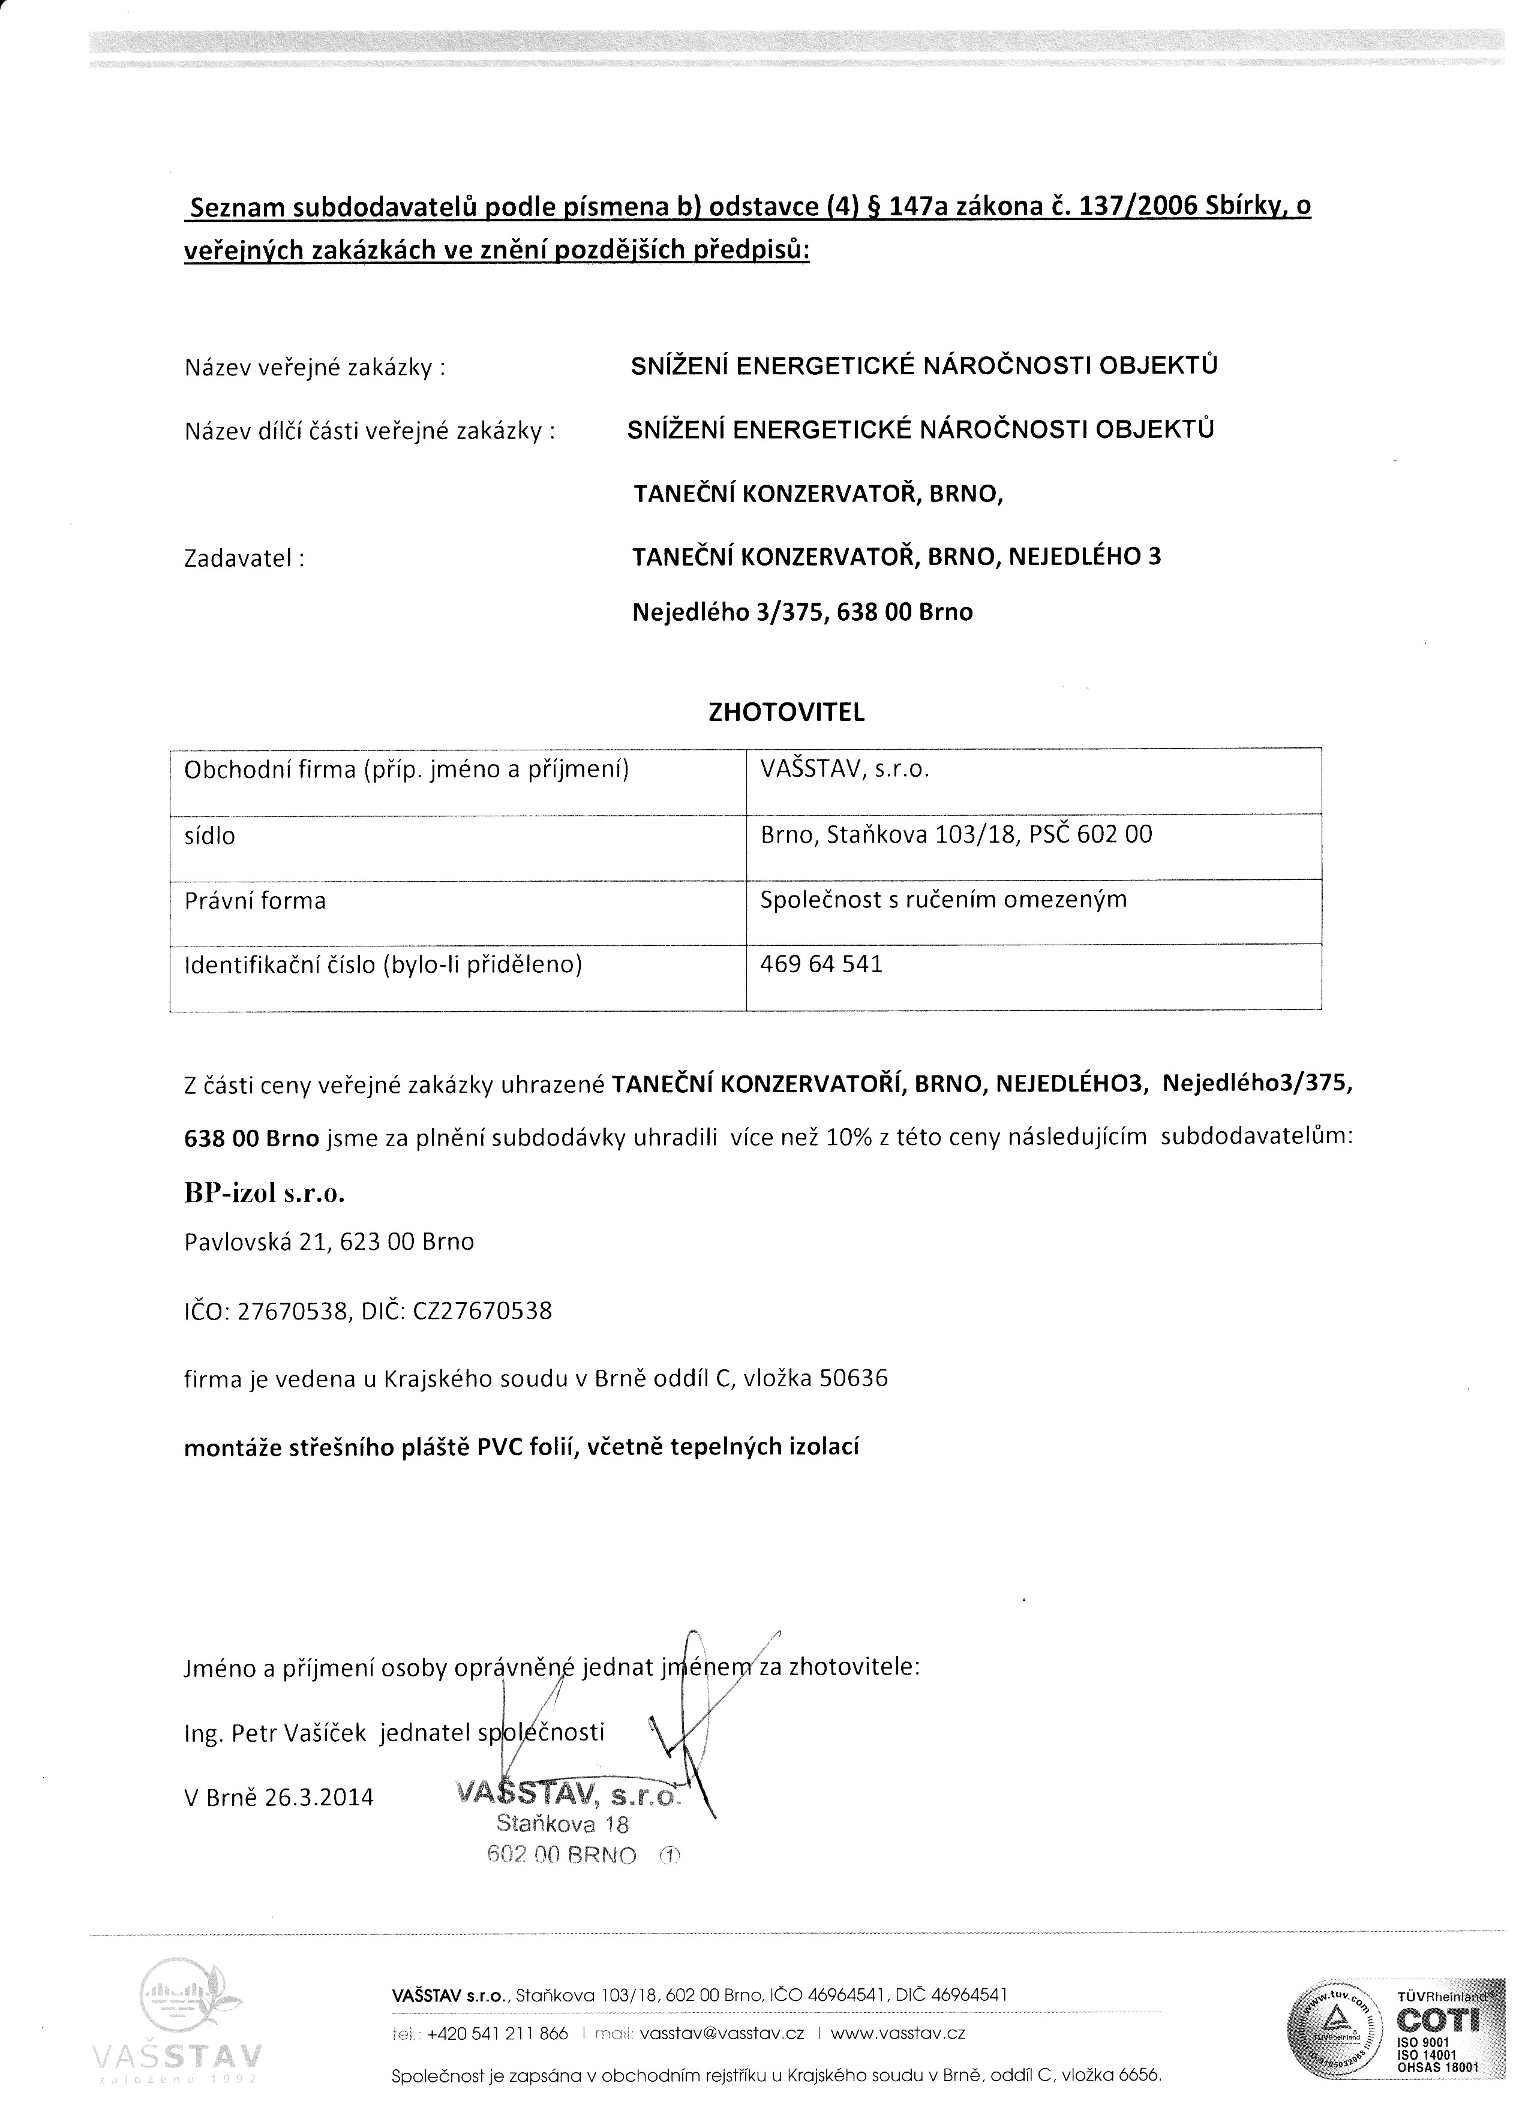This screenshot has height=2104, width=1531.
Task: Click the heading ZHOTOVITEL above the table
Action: point(786,713)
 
